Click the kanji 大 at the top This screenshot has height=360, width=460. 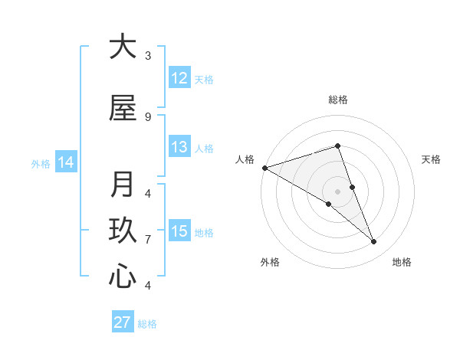(123, 47)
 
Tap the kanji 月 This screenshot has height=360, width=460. (123, 185)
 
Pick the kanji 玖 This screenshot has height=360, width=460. (123, 231)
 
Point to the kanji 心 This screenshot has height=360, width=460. (123, 277)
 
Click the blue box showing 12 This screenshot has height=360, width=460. (179, 78)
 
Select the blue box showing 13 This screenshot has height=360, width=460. (179, 148)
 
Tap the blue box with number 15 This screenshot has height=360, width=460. (179, 231)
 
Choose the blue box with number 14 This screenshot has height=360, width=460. (66, 162)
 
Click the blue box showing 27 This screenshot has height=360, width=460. (122, 322)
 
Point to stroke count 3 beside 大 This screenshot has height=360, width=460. (148, 55)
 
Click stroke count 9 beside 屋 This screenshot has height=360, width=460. (148, 116)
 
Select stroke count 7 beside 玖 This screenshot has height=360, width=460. (148, 239)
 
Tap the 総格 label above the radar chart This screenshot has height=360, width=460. (337, 100)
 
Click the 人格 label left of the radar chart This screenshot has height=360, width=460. (245, 159)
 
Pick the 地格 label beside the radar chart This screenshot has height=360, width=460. (402, 262)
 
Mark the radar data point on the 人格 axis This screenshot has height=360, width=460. (264, 167)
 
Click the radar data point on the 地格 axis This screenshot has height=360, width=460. (374, 241)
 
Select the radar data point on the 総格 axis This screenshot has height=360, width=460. (337, 146)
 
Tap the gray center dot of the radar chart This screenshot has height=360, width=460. (337, 191)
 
